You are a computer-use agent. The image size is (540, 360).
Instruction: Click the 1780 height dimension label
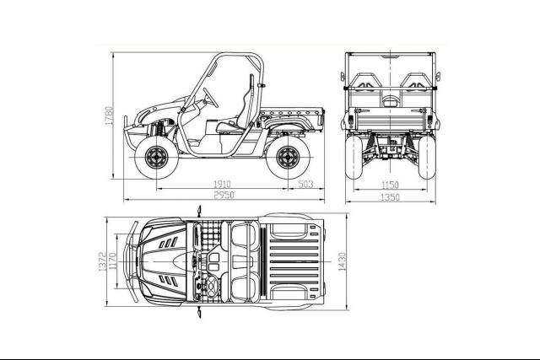[109, 116]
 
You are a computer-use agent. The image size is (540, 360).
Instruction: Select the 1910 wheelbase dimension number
[222, 185]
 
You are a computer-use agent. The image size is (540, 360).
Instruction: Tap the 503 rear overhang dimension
[305, 184]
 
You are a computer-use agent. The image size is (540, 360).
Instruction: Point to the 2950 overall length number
[224, 195]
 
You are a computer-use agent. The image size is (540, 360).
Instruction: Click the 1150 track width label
[390, 185]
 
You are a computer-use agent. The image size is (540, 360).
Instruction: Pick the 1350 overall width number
[390, 197]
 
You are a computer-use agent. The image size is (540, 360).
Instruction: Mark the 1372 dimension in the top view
[103, 261]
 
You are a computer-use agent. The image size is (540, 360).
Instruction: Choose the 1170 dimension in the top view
[112, 261]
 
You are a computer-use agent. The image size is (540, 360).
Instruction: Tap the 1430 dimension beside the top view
[342, 261]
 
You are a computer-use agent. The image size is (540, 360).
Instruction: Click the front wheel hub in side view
[157, 158]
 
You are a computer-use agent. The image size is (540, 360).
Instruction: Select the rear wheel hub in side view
[288, 158]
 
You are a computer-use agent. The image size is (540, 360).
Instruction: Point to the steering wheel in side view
[211, 98]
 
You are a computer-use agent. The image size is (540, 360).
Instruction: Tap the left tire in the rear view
[354, 157]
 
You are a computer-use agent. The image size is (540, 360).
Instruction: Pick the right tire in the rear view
[427, 157]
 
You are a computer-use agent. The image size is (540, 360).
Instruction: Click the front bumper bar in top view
[132, 261]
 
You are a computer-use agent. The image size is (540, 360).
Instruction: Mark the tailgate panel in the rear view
[390, 120]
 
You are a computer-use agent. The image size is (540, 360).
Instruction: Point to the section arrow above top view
[199, 211]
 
